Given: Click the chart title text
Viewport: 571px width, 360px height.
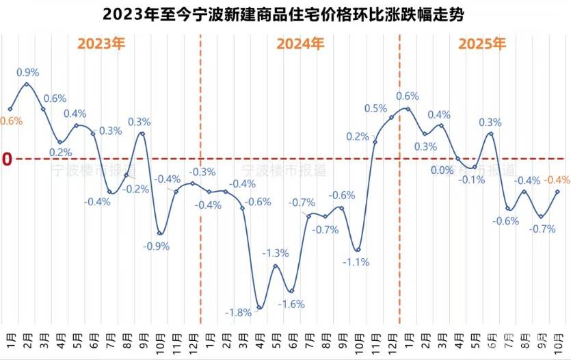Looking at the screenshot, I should [285, 14].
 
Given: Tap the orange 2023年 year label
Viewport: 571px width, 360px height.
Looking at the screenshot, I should [101, 44].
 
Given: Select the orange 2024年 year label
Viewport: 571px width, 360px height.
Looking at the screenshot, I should [300, 44].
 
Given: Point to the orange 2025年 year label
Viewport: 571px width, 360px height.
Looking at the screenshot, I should [482, 44].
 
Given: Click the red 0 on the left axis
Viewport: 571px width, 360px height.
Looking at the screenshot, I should [8, 159].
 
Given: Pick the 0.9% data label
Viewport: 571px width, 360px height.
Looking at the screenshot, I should [27, 72].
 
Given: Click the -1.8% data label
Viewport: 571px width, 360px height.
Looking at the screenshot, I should [238, 313].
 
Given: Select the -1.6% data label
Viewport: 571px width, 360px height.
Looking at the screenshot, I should [292, 304].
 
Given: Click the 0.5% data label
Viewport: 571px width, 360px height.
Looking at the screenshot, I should [375, 108].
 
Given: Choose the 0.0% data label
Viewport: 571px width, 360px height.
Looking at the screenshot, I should [442, 170].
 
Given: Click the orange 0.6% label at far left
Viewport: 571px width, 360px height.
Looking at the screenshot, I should [12, 121].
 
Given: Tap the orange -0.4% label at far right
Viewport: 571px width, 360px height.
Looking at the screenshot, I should [558, 180].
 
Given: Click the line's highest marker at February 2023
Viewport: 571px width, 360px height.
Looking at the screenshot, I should [27, 84].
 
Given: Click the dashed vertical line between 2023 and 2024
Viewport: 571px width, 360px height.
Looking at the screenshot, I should [200, 205].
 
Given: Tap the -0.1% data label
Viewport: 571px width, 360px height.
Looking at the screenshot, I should [472, 180].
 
